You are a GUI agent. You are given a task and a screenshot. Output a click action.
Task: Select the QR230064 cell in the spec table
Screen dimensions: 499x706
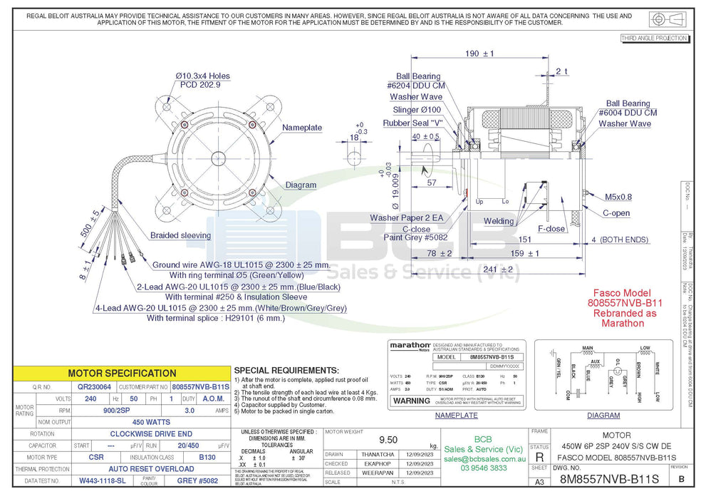click(91, 386)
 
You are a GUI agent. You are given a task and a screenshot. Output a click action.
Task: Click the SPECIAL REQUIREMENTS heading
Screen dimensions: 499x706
click(286, 371)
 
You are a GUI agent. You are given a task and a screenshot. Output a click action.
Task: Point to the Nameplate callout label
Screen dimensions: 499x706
click(302, 128)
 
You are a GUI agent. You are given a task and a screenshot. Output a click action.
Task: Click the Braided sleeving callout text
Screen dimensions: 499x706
click(180, 235)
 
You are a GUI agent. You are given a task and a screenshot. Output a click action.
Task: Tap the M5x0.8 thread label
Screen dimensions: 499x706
click(618, 197)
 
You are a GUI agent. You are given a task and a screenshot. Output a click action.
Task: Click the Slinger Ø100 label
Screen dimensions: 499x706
click(417, 110)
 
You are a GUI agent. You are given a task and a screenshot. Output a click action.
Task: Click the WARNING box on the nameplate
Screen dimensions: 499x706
click(412, 401)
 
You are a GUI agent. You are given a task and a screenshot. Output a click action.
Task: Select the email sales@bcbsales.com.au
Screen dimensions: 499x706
click(484, 460)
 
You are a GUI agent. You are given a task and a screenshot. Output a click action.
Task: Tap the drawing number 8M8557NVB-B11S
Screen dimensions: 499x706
click(609, 480)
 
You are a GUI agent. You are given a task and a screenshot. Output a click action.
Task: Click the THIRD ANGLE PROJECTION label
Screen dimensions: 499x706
click(654, 38)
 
